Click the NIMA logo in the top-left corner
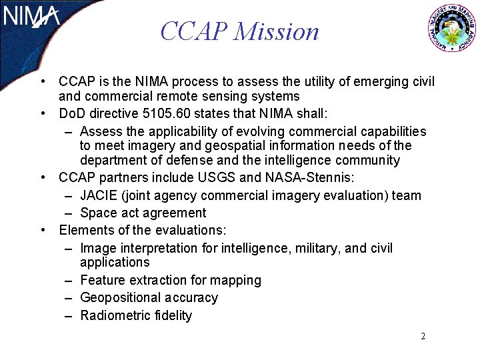32,17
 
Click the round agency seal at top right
452,30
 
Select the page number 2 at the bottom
423,336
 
